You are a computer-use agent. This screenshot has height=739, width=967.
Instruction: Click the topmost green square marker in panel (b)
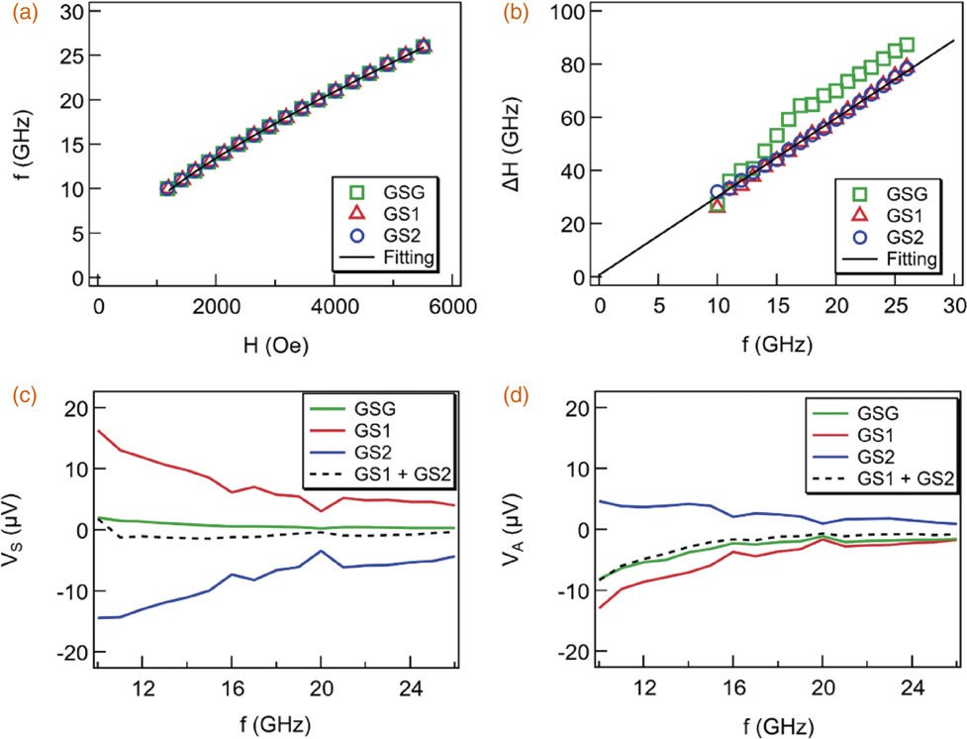907,46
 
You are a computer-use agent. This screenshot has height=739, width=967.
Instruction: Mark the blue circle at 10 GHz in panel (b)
718,192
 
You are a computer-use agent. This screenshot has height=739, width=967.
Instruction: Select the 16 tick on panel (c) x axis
231,687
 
